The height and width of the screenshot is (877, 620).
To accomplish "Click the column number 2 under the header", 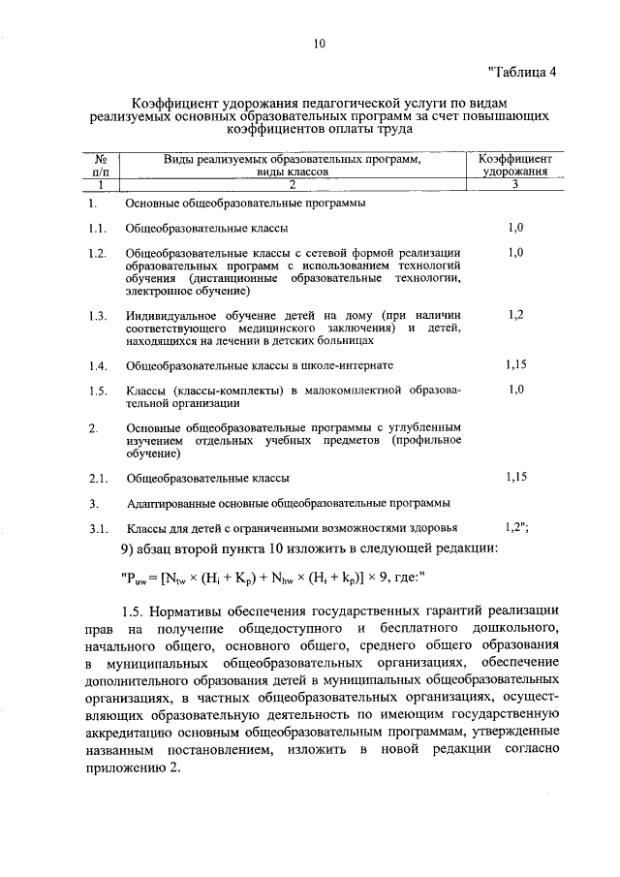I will tap(292, 184).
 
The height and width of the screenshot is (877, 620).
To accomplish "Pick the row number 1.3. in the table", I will tap(96, 316).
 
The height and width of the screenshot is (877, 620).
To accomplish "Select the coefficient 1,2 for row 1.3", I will tap(515, 315).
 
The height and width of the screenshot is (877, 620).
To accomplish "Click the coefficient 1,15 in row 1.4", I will tap(515, 365).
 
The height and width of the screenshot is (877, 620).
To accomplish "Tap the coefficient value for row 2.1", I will tap(515, 477).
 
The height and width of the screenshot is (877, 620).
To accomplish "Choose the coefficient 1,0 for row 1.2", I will tap(515, 252).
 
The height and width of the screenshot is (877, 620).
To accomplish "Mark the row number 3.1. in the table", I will tap(96, 529).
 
